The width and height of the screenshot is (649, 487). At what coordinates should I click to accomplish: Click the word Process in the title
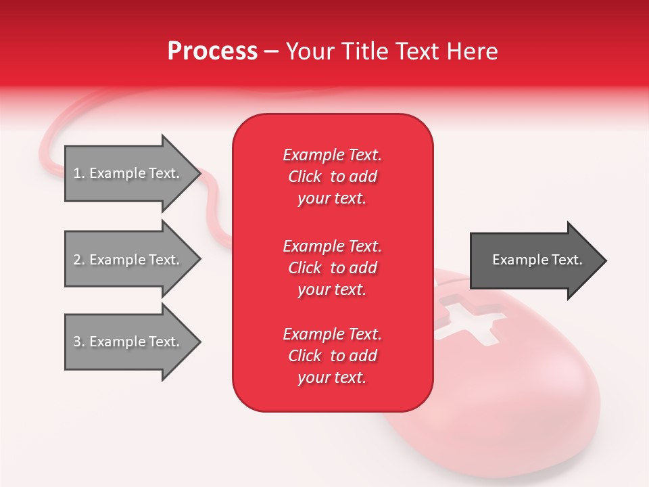point(212,51)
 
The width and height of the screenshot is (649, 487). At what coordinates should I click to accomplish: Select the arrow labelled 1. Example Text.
point(128,173)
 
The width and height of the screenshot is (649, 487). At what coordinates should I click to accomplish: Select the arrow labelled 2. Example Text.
point(128,260)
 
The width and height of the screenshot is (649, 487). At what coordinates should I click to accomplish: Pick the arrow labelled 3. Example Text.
point(128,342)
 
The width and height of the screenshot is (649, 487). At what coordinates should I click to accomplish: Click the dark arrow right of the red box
point(534,260)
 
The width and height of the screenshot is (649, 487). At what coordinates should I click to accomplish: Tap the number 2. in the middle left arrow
point(78,260)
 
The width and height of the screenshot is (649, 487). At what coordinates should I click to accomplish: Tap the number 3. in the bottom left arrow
point(78,342)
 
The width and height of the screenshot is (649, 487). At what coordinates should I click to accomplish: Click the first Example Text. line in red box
point(332,155)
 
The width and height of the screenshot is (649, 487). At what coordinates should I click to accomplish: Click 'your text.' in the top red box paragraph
point(332,199)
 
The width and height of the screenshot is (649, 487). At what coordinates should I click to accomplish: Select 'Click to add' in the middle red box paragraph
point(332,268)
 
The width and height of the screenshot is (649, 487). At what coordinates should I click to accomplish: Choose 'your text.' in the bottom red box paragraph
point(332,377)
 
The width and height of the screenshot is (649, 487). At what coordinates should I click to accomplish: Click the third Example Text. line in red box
point(332,334)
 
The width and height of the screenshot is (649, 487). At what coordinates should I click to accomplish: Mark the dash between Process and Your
point(271,51)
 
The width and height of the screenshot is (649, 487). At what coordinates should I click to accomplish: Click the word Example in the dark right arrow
point(516,260)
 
